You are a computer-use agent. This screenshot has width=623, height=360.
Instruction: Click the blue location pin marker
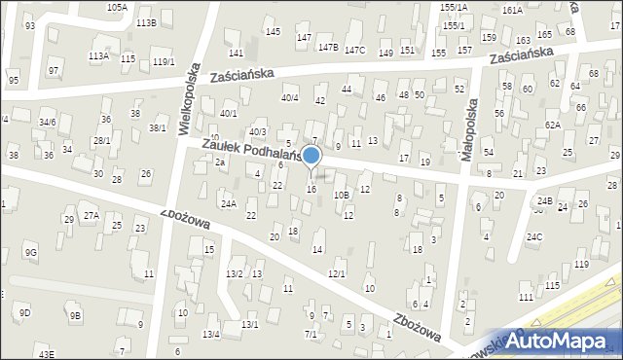[x=311, y=156]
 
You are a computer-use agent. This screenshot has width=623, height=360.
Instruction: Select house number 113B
[x=146, y=22]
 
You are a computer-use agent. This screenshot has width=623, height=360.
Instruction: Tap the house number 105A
[x=117, y=7]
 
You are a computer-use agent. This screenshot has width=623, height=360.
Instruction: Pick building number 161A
[x=512, y=10]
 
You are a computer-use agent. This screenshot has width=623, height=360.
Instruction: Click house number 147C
[x=354, y=51]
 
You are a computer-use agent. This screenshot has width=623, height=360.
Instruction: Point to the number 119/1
[x=164, y=62]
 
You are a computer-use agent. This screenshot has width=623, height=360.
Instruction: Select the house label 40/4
[x=289, y=97]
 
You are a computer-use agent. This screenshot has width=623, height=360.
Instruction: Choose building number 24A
[x=228, y=203]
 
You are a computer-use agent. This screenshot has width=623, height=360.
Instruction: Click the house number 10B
[x=341, y=195]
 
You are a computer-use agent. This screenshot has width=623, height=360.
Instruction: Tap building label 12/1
[x=337, y=273]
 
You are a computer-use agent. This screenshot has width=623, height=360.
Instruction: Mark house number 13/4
[x=211, y=335]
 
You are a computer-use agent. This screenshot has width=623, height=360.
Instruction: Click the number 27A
[x=91, y=214]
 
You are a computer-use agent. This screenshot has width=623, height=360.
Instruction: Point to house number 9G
[x=31, y=253]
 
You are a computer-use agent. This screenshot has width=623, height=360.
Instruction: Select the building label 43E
[x=47, y=354]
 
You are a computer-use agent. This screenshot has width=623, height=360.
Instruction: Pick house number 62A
[x=553, y=125]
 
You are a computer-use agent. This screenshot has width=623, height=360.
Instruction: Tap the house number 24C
[x=534, y=236]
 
